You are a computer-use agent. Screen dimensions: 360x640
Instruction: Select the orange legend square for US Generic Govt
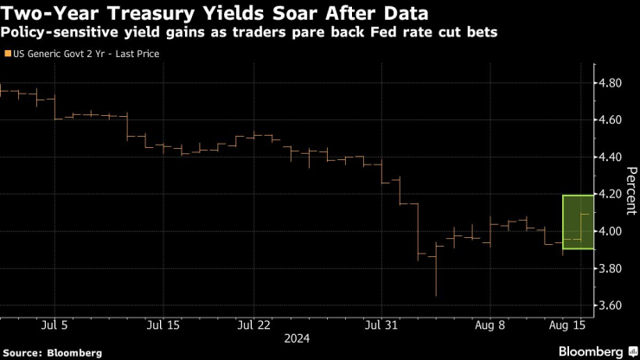point(9,54)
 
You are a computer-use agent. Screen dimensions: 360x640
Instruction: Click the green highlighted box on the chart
point(577,222)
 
